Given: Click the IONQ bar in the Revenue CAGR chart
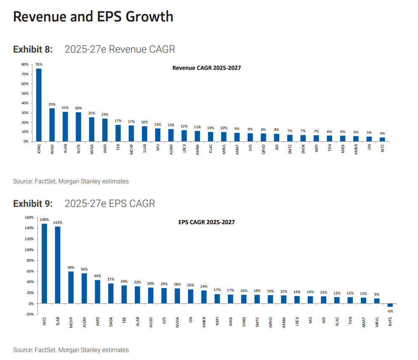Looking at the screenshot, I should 39,105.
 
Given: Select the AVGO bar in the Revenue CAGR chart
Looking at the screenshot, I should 52,124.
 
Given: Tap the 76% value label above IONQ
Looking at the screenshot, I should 39,64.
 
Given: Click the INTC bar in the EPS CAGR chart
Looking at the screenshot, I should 44,263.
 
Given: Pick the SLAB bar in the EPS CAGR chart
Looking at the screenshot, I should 58,265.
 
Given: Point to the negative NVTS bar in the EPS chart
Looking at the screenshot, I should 390,305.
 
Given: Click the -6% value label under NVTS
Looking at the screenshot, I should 390,311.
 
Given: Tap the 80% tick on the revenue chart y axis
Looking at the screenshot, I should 24,64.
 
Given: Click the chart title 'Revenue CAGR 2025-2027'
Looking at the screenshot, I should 206,68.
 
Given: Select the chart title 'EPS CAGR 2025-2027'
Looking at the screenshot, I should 206,222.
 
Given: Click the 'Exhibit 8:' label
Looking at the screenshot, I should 33,49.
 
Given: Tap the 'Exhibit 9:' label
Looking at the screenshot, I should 33,204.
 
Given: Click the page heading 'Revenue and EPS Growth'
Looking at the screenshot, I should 93,16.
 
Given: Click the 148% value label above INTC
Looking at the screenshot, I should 44,220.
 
